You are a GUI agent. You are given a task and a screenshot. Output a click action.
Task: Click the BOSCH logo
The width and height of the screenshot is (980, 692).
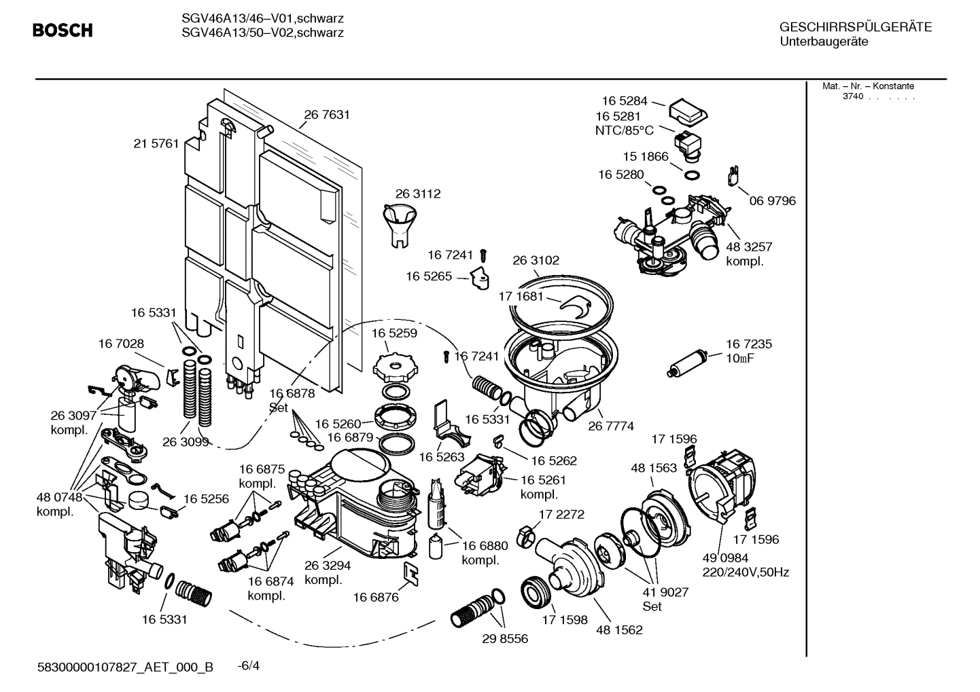(63, 31)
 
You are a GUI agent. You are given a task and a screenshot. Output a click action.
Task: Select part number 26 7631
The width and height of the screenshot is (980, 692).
(327, 115)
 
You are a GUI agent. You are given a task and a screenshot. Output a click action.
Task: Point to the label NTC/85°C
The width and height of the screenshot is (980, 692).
(624, 130)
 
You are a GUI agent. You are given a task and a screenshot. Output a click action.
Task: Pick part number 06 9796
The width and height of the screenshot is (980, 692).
(772, 201)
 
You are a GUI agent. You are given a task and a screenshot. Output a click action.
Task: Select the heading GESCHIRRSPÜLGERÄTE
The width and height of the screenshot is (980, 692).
(855, 27)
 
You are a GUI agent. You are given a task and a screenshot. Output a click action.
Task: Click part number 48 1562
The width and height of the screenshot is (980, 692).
(619, 630)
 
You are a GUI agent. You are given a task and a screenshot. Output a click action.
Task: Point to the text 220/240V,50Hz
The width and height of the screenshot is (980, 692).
(746, 572)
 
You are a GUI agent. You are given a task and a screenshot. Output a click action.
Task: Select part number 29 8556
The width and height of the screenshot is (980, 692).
(505, 639)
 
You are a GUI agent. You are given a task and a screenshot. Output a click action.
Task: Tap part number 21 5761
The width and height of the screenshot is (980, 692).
(156, 143)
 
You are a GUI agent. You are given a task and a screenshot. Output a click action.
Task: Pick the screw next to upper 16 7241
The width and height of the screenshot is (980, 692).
(484, 256)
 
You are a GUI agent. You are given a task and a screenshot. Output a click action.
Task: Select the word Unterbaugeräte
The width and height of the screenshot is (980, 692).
(824, 41)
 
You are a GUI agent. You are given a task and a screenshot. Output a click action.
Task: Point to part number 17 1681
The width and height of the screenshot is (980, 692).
(521, 297)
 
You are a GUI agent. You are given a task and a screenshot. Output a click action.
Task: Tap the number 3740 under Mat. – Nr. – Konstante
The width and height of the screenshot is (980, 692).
(852, 96)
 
